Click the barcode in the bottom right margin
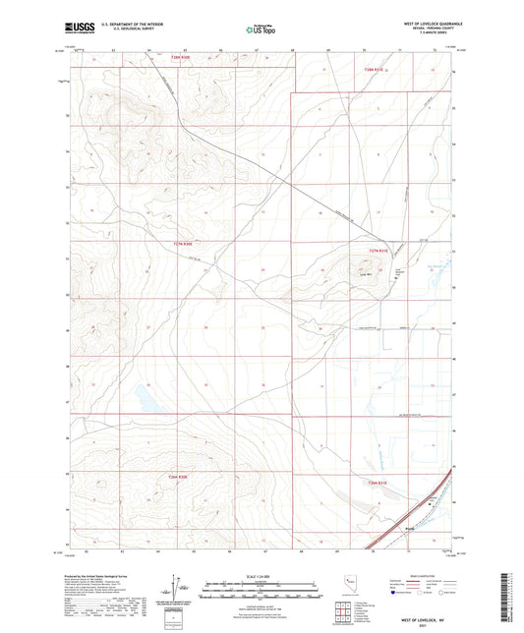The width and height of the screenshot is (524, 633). click(507, 600)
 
